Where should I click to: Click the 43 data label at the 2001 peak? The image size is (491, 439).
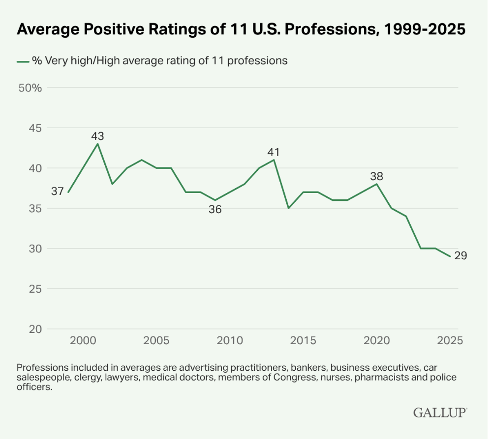97,136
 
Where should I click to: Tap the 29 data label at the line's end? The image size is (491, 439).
460,256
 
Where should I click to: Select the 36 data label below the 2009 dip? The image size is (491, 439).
215,209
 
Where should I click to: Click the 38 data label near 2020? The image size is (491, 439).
376,176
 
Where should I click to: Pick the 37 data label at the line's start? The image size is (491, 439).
58,192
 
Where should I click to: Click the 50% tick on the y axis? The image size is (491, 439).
31,88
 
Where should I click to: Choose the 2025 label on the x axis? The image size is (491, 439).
450,340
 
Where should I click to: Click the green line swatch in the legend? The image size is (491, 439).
23,61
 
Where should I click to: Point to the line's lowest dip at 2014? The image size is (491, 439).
289,208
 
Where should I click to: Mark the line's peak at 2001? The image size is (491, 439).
97,144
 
